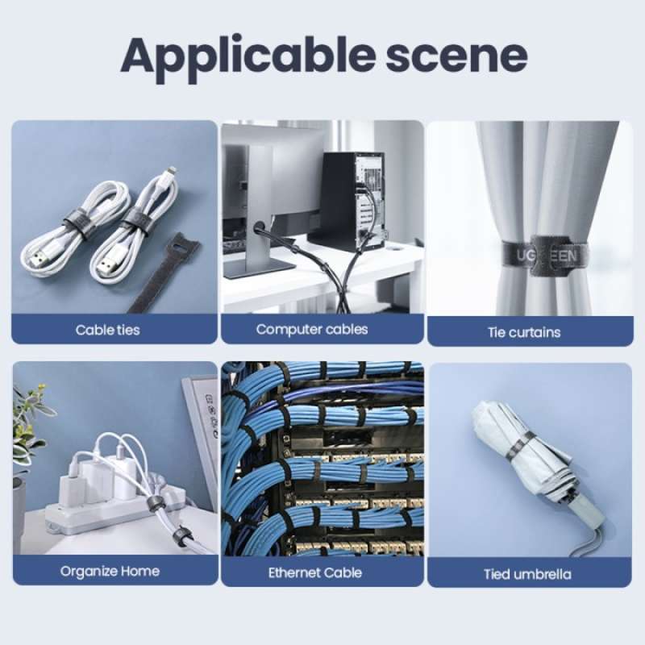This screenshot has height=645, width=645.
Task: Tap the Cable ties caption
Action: point(107,330)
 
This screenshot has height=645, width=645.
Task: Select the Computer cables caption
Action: point(312,329)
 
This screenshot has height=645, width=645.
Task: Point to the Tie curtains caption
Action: point(523,331)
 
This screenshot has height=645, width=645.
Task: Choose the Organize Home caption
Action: point(110,571)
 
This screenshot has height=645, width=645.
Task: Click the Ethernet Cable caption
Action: point(314,572)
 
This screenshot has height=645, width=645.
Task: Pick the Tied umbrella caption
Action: point(527,574)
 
